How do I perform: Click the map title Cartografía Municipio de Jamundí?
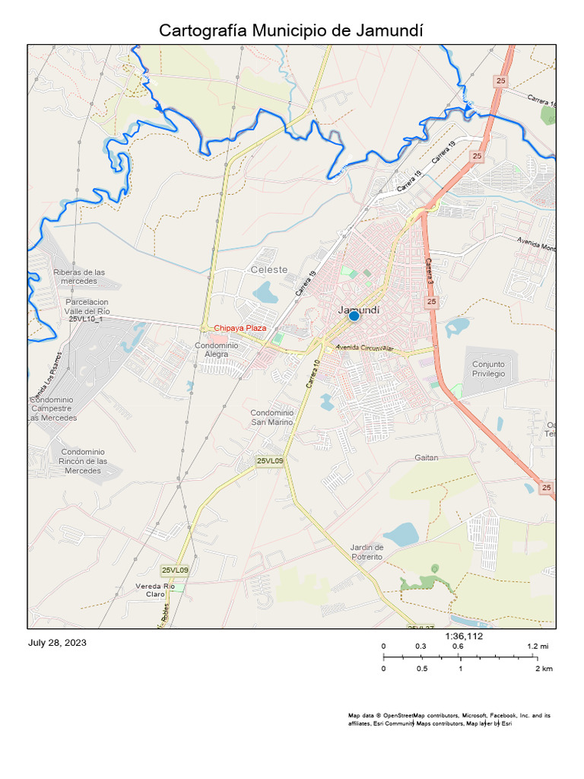291,30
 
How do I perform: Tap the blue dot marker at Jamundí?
354,316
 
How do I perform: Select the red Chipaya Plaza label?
240,328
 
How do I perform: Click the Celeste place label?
270,270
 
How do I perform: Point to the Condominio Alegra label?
217,350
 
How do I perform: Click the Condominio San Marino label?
271,417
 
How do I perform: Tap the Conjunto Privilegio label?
488,369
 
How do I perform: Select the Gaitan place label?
427,458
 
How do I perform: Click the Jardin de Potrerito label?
367,552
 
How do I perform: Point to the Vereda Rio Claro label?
155,590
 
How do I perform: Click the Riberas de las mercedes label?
79,276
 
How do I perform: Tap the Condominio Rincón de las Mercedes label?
83,461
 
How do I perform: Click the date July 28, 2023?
58,643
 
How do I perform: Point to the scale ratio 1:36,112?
464,636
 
